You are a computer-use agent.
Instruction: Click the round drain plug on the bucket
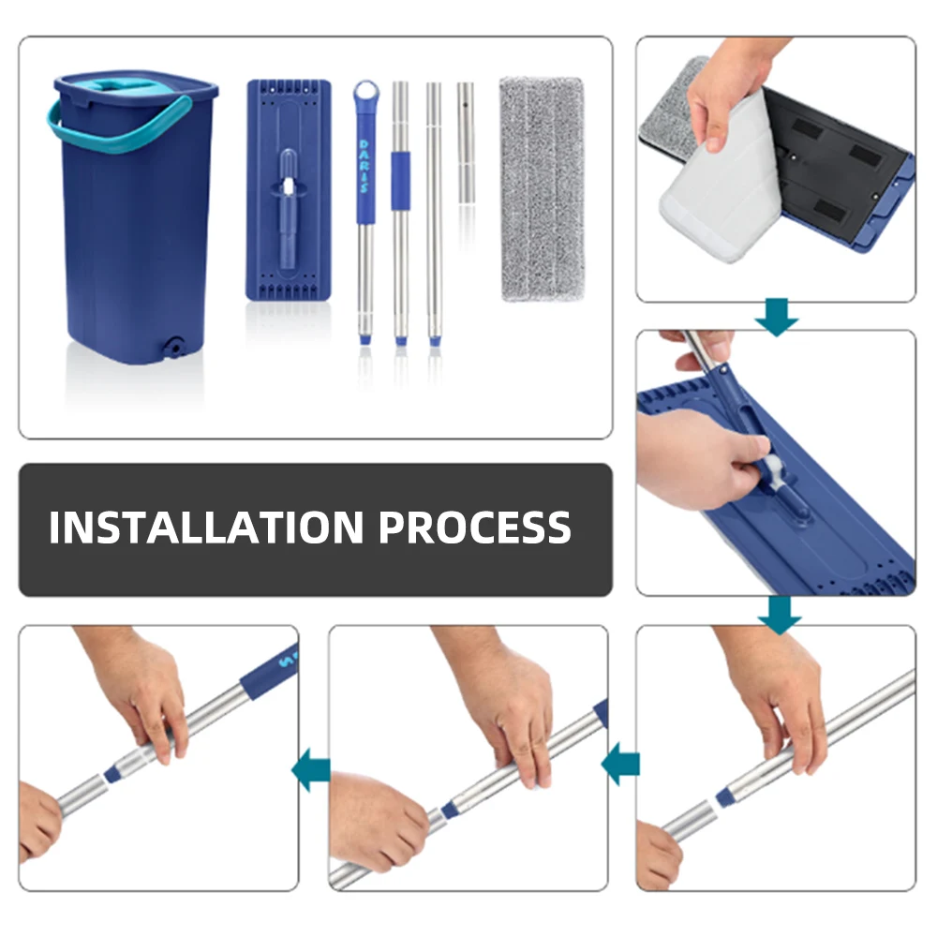pos(175,347)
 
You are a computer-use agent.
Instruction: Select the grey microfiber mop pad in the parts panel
pos(542,188)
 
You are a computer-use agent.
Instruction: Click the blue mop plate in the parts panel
pos(289,190)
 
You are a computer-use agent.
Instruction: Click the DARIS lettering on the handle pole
pos(364,166)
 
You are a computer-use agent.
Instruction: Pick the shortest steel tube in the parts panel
pos(466,143)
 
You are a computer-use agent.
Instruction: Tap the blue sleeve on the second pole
pos(400,181)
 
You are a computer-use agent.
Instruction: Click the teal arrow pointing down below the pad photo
pos(776,316)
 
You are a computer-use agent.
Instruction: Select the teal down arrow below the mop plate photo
pos(780,615)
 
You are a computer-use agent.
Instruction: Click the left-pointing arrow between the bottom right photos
pos(621,765)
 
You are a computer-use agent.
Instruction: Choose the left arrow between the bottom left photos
pos(311,769)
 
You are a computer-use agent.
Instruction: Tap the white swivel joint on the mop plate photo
pos(778,466)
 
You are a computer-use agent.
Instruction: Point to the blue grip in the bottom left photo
pos(270,671)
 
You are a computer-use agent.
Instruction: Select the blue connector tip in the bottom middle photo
pos(450,811)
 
